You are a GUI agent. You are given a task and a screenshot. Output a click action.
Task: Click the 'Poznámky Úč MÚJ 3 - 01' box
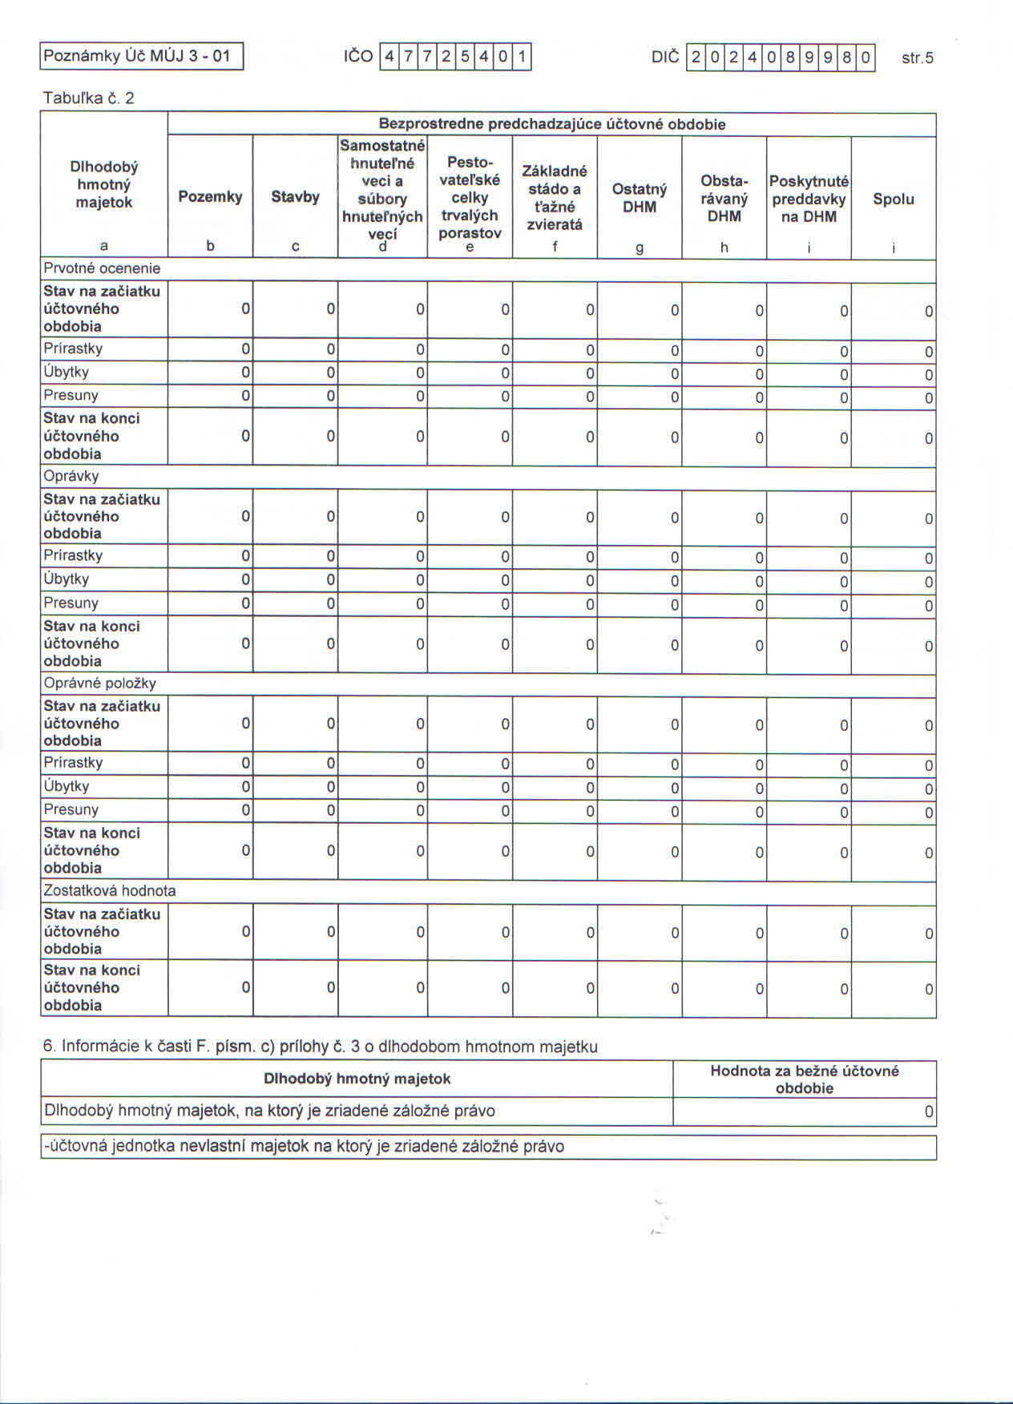coord(141,56)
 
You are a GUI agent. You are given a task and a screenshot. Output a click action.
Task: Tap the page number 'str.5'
coord(917,58)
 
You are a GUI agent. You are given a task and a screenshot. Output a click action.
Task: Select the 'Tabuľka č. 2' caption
coord(88,99)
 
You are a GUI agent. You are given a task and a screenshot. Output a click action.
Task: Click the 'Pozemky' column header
coord(210,197)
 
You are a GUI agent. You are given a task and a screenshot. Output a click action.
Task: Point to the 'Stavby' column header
coord(295,197)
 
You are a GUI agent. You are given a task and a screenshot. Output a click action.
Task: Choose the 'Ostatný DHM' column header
coord(640,198)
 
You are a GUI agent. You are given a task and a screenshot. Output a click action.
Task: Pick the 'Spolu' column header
coord(893,199)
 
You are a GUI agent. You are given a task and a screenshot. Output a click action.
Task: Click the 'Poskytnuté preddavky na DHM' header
coord(809,199)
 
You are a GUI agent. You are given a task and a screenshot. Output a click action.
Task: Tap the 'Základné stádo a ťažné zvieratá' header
coord(555,197)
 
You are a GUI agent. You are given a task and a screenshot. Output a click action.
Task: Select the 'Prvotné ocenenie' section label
coord(102,268)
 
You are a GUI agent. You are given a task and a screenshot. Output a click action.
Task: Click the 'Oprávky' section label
coord(71,476)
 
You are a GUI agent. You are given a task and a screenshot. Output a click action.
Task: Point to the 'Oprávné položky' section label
coord(99,684)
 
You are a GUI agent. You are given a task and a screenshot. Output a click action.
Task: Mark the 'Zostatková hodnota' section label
coord(110,890)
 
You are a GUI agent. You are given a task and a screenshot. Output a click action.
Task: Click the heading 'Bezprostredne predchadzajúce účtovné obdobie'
coord(551,124)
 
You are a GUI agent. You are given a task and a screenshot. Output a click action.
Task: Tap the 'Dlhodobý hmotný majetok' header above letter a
coord(104,184)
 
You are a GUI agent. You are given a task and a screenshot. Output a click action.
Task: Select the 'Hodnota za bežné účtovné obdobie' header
coord(804,1079)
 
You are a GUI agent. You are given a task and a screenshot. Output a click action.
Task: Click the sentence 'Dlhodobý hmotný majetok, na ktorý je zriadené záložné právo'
coord(269,1111)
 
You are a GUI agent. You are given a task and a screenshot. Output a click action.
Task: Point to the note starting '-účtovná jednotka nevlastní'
coord(304,1147)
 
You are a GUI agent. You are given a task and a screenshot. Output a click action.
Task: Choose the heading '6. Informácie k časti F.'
coord(320,1046)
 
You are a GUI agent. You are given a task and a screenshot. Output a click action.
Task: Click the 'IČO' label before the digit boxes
coord(358,57)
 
